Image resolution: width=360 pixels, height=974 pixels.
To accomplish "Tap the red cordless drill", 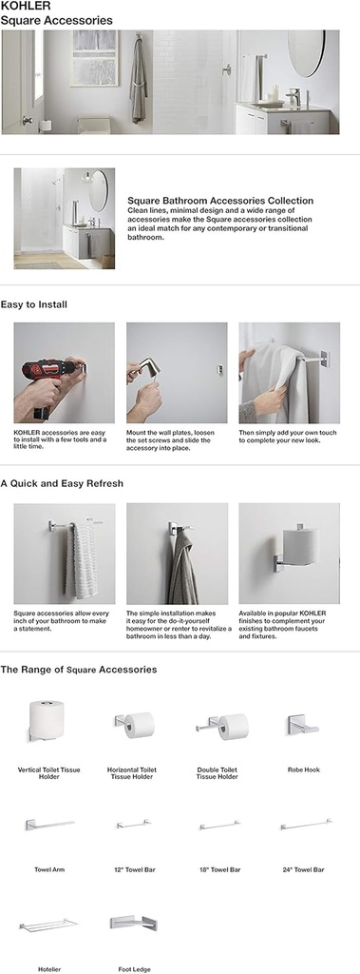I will point(40,386).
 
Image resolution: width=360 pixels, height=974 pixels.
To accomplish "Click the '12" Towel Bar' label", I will point(133,869).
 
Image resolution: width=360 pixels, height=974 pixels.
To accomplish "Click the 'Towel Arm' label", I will point(48,869).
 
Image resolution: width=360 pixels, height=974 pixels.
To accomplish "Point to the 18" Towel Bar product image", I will point(218,825).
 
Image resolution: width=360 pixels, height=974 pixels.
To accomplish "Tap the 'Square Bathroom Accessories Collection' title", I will point(220,201).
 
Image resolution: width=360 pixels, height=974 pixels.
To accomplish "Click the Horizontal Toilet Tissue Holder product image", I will point(135,725).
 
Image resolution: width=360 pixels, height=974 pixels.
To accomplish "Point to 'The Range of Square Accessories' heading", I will point(79,670).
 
